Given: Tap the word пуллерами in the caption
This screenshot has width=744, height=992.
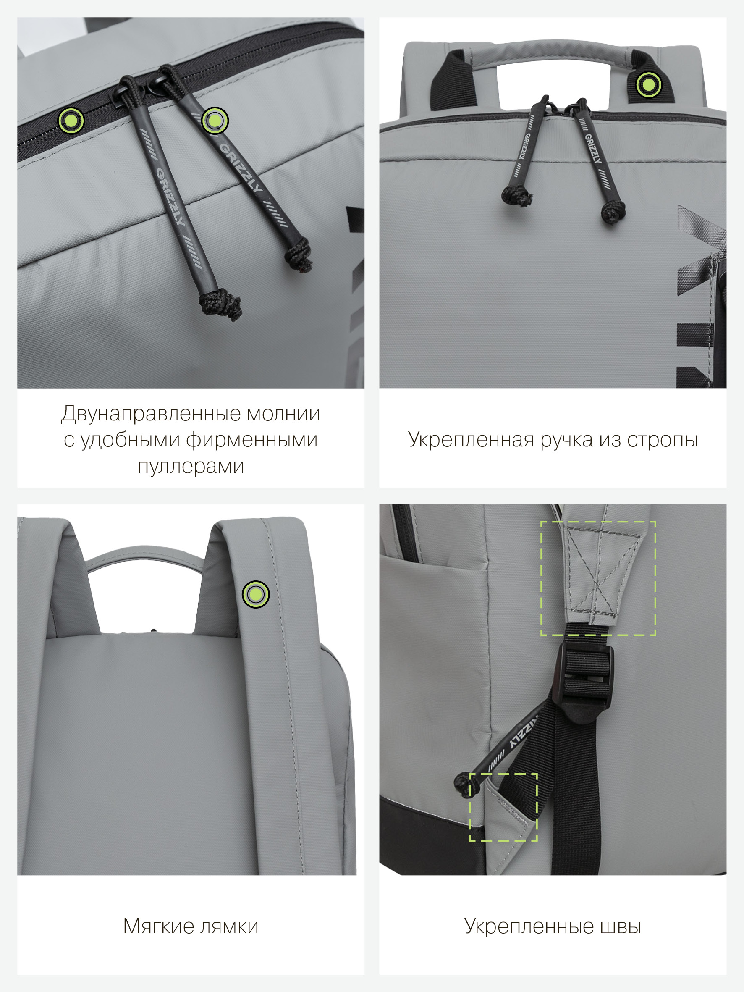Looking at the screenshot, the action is (191, 467).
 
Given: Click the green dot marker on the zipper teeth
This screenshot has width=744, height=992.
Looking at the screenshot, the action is (71, 120).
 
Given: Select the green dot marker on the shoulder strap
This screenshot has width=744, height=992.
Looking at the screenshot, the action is (256, 595).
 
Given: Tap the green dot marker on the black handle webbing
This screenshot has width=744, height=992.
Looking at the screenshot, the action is (648, 84).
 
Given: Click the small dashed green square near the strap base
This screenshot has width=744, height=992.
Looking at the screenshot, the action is (503, 807).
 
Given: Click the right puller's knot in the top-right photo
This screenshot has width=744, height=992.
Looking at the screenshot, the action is (613, 212).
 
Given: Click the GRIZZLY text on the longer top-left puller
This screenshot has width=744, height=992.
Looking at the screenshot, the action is (170, 196).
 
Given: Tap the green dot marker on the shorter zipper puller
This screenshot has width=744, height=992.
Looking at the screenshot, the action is (215, 120).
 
